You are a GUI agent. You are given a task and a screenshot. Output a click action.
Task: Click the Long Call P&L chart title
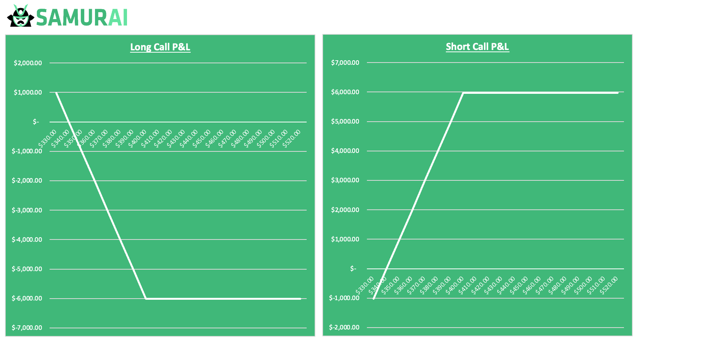pos(160,47)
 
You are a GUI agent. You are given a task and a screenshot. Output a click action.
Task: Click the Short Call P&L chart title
pos(477,47)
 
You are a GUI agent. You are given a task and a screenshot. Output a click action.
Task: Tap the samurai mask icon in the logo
pos(21,16)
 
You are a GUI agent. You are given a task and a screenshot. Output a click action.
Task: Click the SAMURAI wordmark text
pos(82,18)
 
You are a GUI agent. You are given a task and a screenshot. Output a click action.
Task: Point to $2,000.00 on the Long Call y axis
pos(28,63)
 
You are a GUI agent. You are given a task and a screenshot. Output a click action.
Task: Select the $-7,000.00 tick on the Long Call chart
pos(27,328)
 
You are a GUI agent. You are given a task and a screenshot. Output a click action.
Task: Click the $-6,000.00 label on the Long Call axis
pos(27,298)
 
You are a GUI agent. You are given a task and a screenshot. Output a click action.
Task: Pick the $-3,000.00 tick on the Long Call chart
pos(27,210)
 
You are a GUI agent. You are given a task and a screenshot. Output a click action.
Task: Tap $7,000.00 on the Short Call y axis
pos(345,63)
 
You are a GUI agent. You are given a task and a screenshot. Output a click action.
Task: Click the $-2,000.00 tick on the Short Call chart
pos(344,327)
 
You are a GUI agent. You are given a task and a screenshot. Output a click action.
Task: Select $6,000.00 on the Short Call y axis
pos(345,92)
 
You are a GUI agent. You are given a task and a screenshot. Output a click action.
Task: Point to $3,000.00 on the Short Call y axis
pos(345,180)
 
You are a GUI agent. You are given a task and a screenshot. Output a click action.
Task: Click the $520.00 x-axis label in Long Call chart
pos(292,138)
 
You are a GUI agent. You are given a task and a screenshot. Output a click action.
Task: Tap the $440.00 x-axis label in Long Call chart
pos(189,138)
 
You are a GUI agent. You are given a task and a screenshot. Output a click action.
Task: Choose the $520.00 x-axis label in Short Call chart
pos(609,286)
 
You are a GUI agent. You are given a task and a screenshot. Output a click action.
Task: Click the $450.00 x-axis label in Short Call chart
pos(519,286)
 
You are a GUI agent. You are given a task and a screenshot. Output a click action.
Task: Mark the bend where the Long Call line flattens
pos(146,298)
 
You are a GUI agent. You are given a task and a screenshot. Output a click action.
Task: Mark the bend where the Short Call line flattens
pos(463,93)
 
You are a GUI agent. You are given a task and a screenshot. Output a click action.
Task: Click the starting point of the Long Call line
pos(56,92)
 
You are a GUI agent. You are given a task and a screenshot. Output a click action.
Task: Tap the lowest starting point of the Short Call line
pos(373,299)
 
